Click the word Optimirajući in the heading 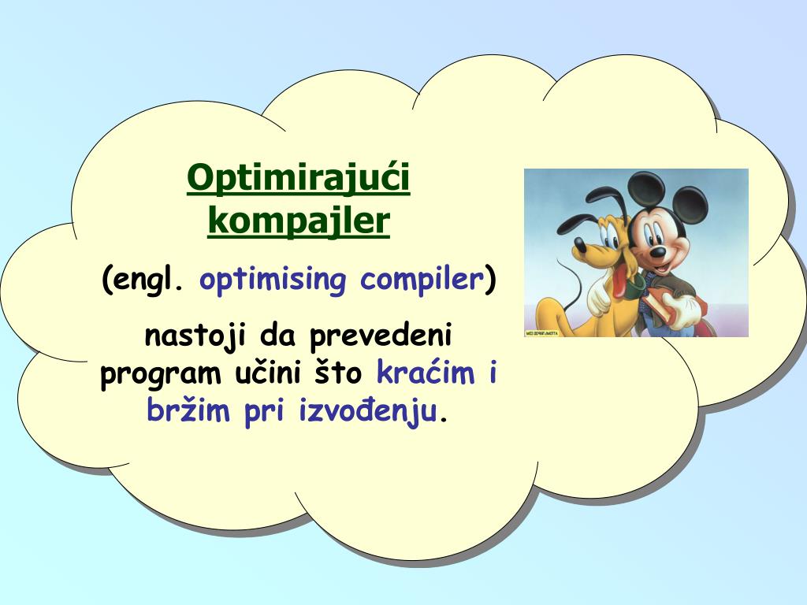point(299,179)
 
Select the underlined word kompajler point(299,222)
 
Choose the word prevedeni point(381,336)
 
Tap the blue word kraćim point(426,373)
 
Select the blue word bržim point(188,411)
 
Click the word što point(339,373)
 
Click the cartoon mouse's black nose point(657,252)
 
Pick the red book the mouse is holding point(664,305)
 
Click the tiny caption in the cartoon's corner point(541,333)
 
